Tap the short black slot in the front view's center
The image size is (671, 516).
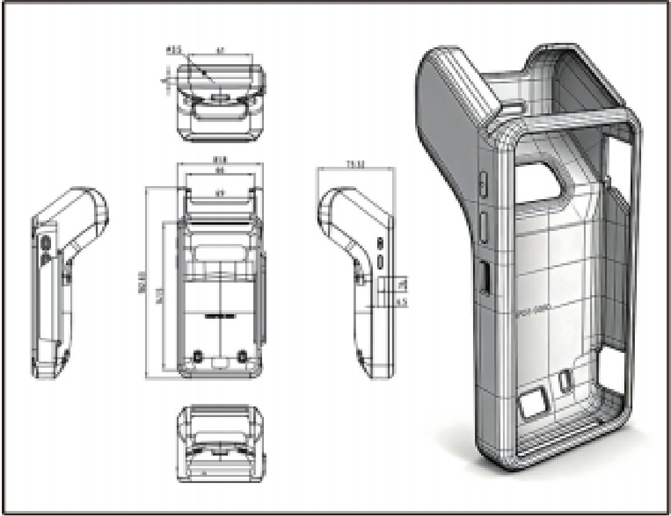click(220, 316)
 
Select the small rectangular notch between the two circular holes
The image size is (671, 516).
click(220, 362)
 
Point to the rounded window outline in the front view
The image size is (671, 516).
click(220, 254)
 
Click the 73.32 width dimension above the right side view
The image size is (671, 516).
click(355, 164)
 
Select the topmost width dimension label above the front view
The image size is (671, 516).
click(220, 159)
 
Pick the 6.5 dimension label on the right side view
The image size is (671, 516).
click(401, 303)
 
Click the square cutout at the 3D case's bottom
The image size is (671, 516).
click(533, 405)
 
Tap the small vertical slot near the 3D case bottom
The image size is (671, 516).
click(565, 380)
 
